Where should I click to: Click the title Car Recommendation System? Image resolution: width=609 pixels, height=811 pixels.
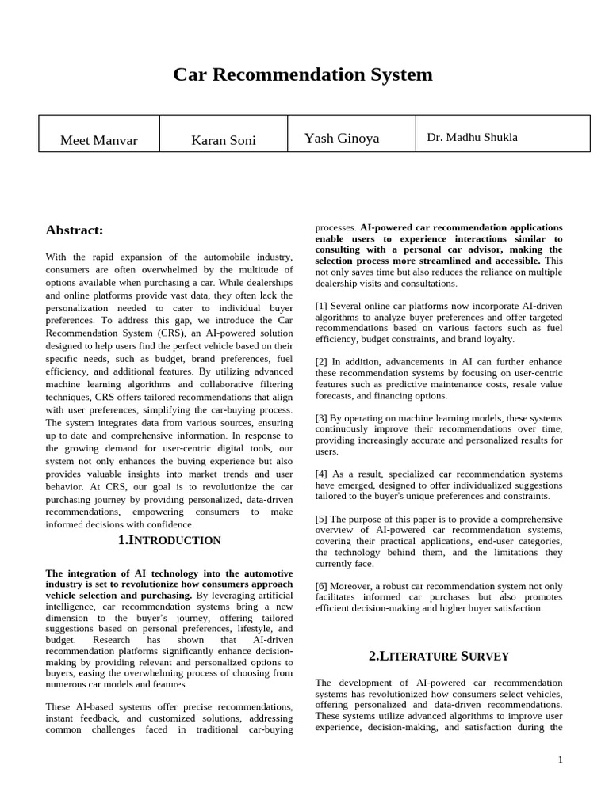tap(303, 75)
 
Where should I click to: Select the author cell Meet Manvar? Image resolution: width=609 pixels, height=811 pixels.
tap(99, 140)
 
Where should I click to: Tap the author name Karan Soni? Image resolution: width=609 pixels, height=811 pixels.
tap(223, 140)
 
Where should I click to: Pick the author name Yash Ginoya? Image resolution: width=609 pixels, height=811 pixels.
tap(342, 139)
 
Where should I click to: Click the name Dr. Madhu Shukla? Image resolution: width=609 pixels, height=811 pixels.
tap(472, 137)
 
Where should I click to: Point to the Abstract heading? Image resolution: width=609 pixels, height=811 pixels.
tap(75, 230)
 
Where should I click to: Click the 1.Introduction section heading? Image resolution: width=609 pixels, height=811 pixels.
tap(169, 540)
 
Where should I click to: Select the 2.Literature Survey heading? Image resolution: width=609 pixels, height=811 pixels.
tap(439, 656)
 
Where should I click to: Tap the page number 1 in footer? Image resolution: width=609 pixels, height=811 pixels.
tap(560, 760)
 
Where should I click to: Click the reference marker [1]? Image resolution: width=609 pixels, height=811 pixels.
tap(321, 306)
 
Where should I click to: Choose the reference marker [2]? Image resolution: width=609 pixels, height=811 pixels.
tap(321, 362)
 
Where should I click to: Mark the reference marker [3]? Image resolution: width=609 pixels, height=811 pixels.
tap(321, 417)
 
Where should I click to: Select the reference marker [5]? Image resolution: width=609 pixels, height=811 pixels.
tap(321, 519)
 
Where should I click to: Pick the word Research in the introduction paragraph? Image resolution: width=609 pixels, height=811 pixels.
tap(115, 639)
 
